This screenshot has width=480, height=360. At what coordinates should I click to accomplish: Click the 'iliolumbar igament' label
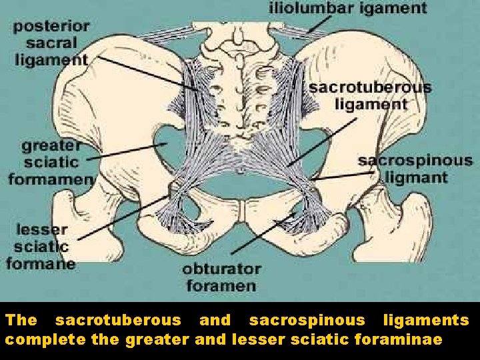click(347, 9)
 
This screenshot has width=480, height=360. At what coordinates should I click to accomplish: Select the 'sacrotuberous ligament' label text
click(371, 95)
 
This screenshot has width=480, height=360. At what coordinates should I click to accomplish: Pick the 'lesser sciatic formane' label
click(40, 245)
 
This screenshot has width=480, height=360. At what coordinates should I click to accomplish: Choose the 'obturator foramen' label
click(222, 277)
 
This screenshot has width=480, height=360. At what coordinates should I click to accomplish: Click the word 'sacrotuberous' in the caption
click(118, 321)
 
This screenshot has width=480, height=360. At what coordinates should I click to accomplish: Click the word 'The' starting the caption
click(21, 321)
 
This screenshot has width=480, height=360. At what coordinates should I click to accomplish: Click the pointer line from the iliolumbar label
click(319, 27)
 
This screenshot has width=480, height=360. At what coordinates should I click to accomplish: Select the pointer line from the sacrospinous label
click(340, 176)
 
